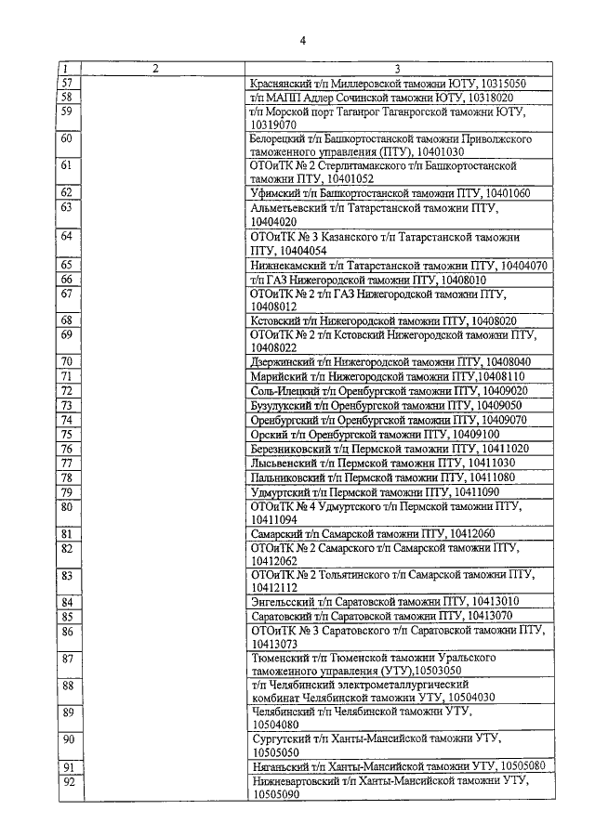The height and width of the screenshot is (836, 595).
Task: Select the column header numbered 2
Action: click(x=155, y=69)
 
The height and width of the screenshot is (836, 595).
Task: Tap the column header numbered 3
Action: click(x=397, y=69)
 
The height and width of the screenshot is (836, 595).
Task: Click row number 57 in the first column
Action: click(x=65, y=83)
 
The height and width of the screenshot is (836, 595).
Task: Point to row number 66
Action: click(x=66, y=280)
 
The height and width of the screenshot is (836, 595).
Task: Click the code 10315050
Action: click(x=498, y=83)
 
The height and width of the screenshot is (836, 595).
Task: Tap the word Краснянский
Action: click(x=286, y=83)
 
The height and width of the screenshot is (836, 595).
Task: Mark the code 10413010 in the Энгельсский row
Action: click(x=487, y=601)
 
